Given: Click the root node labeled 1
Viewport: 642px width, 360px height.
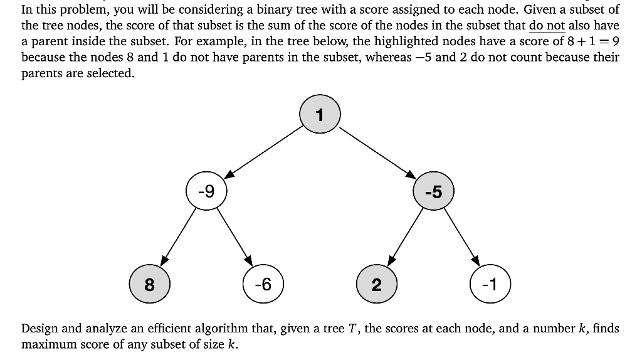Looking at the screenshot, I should (320, 115).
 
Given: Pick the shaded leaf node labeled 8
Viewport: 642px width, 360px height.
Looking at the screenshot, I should (149, 285).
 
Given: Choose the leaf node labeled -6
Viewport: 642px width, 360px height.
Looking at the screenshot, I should (263, 285).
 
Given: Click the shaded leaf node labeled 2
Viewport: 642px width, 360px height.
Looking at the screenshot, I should (376, 285).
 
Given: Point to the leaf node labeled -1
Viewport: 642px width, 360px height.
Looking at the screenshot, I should (490, 285).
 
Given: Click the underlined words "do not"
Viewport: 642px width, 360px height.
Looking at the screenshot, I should (547, 26).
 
